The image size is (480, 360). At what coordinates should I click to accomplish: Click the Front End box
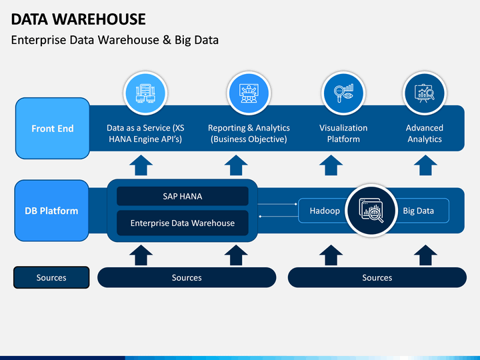pos(53,128)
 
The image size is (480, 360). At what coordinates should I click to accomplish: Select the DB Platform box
pos(52,211)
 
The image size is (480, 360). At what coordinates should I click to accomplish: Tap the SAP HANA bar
pos(183,196)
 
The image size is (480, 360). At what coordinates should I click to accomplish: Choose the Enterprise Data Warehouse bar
pos(183,223)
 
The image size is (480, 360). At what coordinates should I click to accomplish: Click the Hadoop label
pos(325,211)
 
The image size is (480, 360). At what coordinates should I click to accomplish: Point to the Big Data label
pos(418,211)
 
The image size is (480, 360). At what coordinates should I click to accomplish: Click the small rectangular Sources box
pos(51,277)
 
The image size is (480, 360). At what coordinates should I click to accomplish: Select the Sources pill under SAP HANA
pos(187,277)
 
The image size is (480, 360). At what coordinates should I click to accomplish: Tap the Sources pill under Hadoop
pos(377,277)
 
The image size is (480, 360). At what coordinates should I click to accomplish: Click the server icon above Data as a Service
pos(145,93)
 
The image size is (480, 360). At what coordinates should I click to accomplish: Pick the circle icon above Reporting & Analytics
pos(249,93)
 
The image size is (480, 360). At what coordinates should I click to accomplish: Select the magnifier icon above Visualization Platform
pos(343,93)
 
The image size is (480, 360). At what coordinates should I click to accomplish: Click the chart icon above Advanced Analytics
pos(425,93)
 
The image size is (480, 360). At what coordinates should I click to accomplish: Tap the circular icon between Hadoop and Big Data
pos(371,211)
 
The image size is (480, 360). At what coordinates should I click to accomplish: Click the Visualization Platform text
pos(343,133)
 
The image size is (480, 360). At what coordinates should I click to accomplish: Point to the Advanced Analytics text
pos(425,133)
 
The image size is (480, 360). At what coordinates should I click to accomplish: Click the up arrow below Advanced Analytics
pos(425,165)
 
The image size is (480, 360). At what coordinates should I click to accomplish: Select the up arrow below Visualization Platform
pos(331,165)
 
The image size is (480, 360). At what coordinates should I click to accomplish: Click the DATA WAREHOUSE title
pos(79,19)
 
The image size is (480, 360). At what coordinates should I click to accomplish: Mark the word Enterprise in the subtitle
pos(39,40)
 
